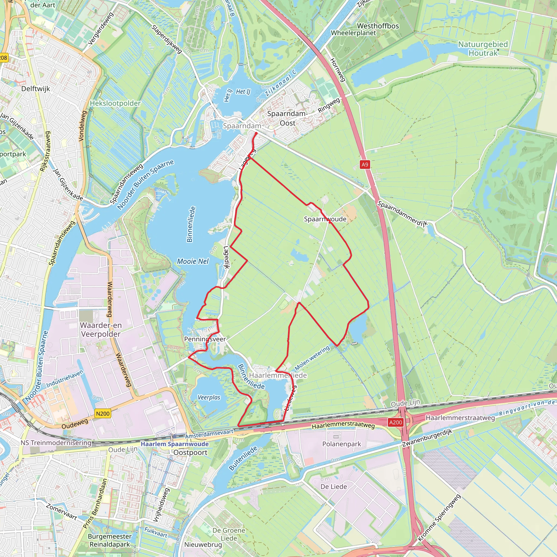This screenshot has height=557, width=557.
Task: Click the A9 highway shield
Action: [x=365, y=165]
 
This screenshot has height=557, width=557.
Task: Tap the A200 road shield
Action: [x=395, y=422]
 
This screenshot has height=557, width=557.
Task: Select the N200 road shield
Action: [x=103, y=414]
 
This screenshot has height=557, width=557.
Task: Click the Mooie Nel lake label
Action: [x=193, y=261]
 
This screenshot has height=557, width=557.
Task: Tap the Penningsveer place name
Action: [x=205, y=339]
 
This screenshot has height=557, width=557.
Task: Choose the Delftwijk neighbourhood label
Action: [x=35, y=89]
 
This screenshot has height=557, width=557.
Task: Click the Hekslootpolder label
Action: [x=115, y=103]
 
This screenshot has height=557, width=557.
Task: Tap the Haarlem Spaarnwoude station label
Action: [x=174, y=444]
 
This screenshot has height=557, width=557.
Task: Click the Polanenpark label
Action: [x=341, y=444]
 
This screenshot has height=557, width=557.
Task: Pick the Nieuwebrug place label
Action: [x=203, y=544]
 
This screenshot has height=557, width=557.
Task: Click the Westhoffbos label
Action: [x=378, y=26]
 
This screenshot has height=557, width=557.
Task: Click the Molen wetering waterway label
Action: [x=312, y=358]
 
